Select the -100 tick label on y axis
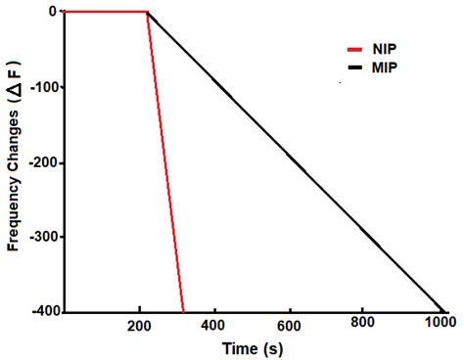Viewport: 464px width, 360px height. point(43,87)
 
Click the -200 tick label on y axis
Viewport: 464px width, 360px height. point(43,162)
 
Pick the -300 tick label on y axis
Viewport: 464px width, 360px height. point(43,238)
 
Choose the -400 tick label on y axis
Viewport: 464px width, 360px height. point(43,312)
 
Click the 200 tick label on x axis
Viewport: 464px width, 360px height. point(140,324)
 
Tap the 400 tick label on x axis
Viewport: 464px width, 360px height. point(214,324)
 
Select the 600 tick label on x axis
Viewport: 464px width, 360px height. point(289,324)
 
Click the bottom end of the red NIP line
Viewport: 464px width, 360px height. point(183,310)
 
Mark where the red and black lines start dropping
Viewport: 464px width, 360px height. point(147,13)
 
